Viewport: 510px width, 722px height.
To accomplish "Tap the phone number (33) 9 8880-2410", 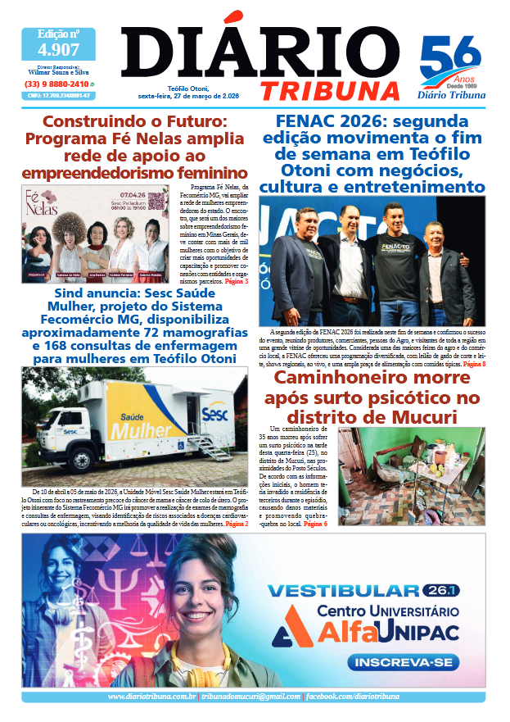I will coord(56,84).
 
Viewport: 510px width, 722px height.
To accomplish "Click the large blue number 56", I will coord(450,59).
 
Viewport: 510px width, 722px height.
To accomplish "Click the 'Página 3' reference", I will coord(236,282).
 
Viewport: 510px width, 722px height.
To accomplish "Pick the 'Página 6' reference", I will coord(314,523).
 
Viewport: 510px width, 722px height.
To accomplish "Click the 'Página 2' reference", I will coord(237,523).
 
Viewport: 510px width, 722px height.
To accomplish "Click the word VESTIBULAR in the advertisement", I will coord(344,591).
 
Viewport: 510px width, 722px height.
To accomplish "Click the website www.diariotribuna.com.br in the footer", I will coord(152,697).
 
